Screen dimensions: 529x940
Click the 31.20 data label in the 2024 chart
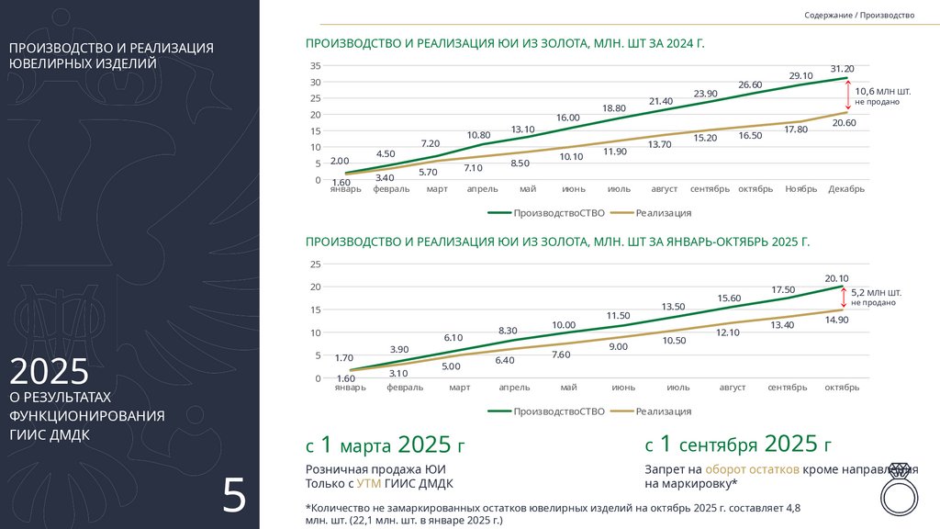(x=842, y=69)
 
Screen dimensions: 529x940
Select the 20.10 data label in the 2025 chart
(x=837, y=278)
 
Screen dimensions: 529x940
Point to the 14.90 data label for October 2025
(x=837, y=320)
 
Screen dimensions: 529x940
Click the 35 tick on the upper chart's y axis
(x=316, y=66)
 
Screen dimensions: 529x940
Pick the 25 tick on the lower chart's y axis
(x=316, y=264)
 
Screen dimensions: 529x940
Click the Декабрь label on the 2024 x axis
(x=845, y=189)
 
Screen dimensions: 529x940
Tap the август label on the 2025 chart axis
(x=733, y=388)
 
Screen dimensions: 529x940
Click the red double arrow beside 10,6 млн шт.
(x=847, y=96)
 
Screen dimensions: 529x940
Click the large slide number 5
(x=234, y=496)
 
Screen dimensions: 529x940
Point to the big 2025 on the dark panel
(x=50, y=371)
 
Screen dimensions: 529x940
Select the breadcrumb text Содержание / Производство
(x=859, y=16)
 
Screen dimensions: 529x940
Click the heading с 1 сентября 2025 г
(x=738, y=445)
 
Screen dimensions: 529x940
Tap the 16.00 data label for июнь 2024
(x=567, y=118)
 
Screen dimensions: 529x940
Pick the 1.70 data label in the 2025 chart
(x=344, y=358)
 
